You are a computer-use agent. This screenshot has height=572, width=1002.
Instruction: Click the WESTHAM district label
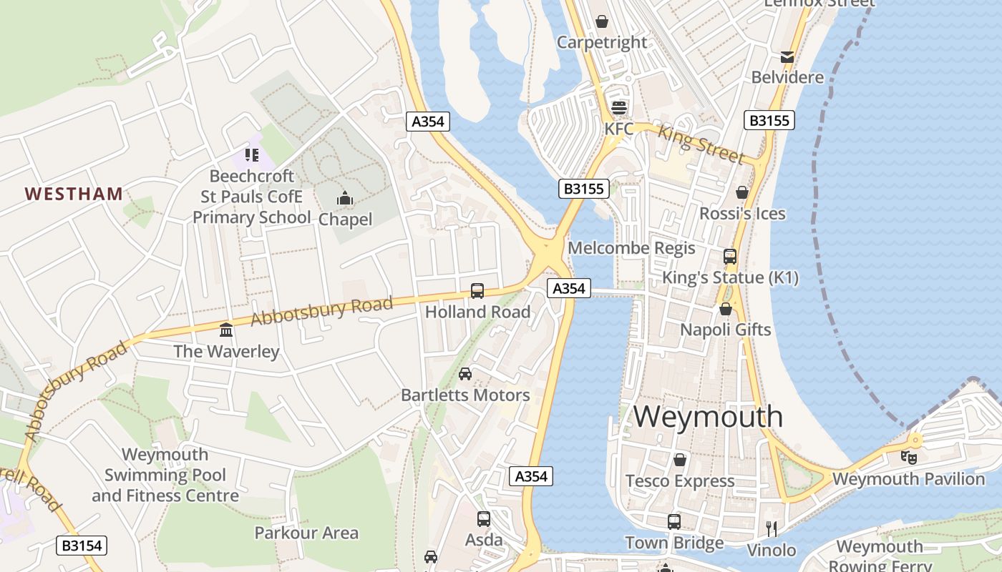point(74,194)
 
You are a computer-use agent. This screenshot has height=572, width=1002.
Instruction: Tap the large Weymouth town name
point(708,416)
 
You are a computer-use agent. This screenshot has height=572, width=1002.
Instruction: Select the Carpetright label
point(602,42)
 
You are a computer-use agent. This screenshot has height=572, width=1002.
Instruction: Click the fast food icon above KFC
point(619,108)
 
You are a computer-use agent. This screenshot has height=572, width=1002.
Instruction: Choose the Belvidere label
point(787,77)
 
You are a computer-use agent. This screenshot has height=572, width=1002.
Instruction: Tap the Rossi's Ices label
point(742,214)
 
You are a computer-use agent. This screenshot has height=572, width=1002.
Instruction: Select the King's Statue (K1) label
point(730,277)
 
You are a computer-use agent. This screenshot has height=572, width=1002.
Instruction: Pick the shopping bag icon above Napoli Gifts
point(726,309)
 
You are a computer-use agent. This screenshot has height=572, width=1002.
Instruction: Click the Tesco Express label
point(680,481)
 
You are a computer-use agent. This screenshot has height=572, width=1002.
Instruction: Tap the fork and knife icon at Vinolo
point(772,529)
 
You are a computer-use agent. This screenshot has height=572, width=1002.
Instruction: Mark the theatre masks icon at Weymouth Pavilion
point(909,456)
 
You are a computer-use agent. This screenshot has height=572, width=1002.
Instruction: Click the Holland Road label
point(477,312)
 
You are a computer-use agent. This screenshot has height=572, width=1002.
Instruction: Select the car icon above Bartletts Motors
point(465,373)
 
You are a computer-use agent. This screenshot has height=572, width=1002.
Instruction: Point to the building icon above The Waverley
point(227,330)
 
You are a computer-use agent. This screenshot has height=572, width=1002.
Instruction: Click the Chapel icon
point(345,198)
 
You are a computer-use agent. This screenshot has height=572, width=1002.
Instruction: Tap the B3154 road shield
point(82,546)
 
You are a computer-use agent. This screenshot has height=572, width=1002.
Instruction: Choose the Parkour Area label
point(306,533)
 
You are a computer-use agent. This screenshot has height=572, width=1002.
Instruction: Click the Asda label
point(484,540)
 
